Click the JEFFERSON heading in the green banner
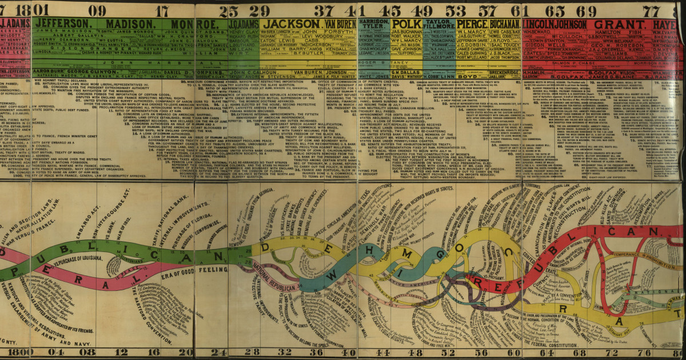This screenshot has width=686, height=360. pyautogui.click(x=63, y=23)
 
